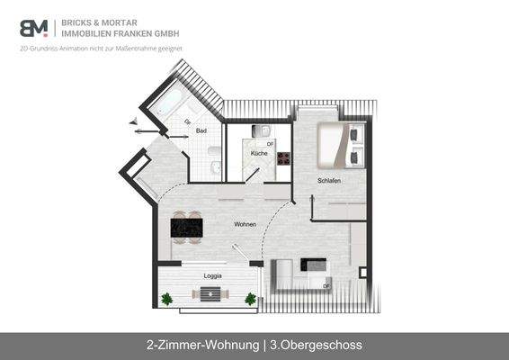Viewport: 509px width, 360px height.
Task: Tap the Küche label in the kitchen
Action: point(259,154)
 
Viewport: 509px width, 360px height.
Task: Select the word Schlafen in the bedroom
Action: point(329,181)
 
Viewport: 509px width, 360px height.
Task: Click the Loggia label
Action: point(212,274)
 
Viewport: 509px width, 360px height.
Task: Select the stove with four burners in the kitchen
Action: point(282,159)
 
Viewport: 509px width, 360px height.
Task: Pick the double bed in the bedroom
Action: point(340,145)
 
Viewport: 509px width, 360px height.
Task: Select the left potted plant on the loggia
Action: point(166,299)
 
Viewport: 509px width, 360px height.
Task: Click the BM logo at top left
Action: point(34,27)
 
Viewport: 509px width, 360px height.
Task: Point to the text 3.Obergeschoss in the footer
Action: point(315,345)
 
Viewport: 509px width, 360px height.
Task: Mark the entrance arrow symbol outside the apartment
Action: point(137,124)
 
